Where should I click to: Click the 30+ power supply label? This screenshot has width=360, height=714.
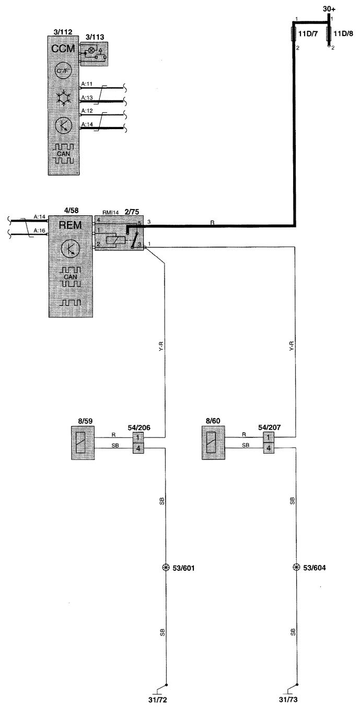point(329,9)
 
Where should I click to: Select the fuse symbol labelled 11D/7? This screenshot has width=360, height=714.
point(294,34)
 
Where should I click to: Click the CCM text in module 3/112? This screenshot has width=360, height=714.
point(63,49)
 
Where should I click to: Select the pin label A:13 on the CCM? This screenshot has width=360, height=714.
point(87,98)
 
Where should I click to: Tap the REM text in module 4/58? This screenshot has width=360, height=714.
point(71,225)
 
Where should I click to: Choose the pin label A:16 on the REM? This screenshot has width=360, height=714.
point(40,231)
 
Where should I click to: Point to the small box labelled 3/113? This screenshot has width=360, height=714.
point(94,54)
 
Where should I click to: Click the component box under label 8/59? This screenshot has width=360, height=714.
point(83,443)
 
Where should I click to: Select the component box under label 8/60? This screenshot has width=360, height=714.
point(214,443)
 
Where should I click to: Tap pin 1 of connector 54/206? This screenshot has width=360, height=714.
point(138,437)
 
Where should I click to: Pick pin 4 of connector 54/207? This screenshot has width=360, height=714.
point(269,448)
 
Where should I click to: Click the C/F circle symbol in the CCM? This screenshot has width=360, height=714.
point(63,71)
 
